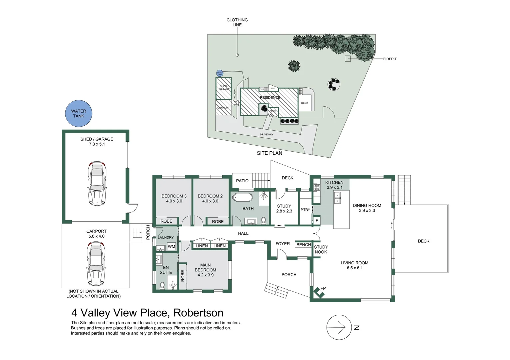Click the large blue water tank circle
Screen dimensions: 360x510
click(x=79, y=114)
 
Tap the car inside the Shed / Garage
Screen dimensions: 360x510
click(x=97, y=184)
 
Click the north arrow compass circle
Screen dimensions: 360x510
click(x=339, y=327)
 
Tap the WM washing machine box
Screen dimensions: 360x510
click(x=171, y=247)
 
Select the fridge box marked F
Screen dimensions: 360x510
click(x=317, y=221)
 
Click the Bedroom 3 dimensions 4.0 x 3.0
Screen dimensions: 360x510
click(x=174, y=201)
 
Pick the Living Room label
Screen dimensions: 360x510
click(x=354, y=263)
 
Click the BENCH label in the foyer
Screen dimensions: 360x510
click(x=304, y=245)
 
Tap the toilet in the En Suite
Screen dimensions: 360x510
click(x=162, y=285)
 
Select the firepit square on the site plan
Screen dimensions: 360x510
click(x=348, y=59)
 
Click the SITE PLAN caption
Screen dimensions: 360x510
click(x=269, y=153)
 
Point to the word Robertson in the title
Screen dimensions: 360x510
click(x=198, y=313)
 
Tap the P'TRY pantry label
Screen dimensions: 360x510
click(x=305, y=210)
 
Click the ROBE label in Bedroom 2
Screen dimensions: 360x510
click(x=218, y=222)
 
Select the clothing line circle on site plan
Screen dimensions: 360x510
click(x=237, y=55)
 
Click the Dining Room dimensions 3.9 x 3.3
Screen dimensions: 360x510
click(x=367, y=210)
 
